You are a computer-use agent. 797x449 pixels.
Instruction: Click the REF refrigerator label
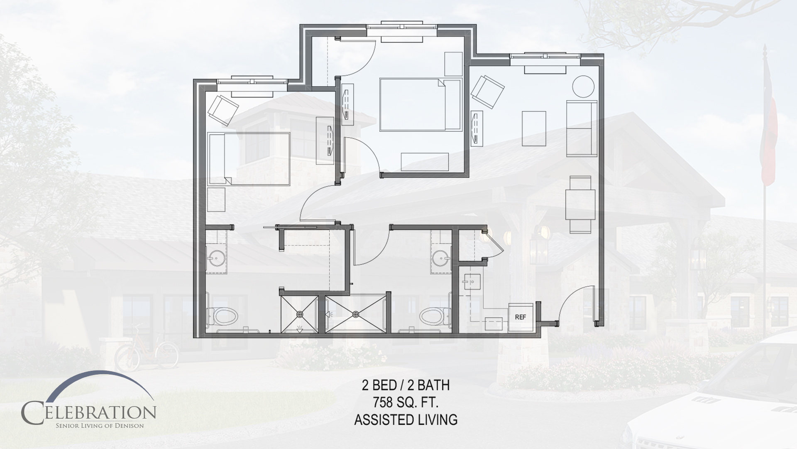[x=520, y=317]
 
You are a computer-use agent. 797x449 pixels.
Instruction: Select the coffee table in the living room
[x=534, y=128]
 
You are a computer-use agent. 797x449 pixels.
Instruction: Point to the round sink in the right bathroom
[x=440, y=259]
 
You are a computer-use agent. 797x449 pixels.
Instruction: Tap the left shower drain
[x=300, y=314]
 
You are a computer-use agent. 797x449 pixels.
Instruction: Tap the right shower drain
[x=355, y=314]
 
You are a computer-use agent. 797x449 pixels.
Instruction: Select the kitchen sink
[x=471, y=283]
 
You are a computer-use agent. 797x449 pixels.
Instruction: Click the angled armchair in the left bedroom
[x=223, y=109]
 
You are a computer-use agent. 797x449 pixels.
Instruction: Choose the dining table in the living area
[x=580, y=205]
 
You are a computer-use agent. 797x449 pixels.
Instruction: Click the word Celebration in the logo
[x=89, y=412]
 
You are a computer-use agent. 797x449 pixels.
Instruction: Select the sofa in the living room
[x=582, y=128]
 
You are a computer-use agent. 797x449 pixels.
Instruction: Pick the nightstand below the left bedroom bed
[x=216, y=200]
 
